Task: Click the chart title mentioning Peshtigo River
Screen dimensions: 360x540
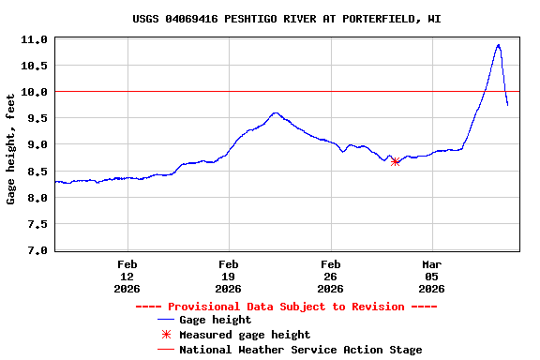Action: click(287, 19)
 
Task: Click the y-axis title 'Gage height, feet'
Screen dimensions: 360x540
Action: click(11, 149)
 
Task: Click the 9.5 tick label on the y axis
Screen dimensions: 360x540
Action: click(37, 118)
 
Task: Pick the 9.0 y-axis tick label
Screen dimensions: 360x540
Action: click(37, 144)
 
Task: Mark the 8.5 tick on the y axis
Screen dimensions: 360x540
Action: click(37, 172)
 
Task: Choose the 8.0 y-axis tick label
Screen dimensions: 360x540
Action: click(37, 198)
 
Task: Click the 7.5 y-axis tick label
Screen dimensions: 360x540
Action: click(37, 224)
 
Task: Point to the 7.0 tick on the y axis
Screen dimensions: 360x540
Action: click(37, 250)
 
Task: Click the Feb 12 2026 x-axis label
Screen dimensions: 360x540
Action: click(127, 277)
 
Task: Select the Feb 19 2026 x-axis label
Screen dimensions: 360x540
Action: click(229, 277)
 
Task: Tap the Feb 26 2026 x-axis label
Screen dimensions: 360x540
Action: click(330, 277)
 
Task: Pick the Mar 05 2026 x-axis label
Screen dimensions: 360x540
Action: click(431, 277)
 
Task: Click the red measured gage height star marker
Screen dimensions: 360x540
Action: click(396, 162)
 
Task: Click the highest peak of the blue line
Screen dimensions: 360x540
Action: click(498, 45)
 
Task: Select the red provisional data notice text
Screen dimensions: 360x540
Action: click(287, 307)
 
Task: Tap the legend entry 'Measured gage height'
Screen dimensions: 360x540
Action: click(245, 335)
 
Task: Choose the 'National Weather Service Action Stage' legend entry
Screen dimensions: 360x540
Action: click(300, 350)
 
